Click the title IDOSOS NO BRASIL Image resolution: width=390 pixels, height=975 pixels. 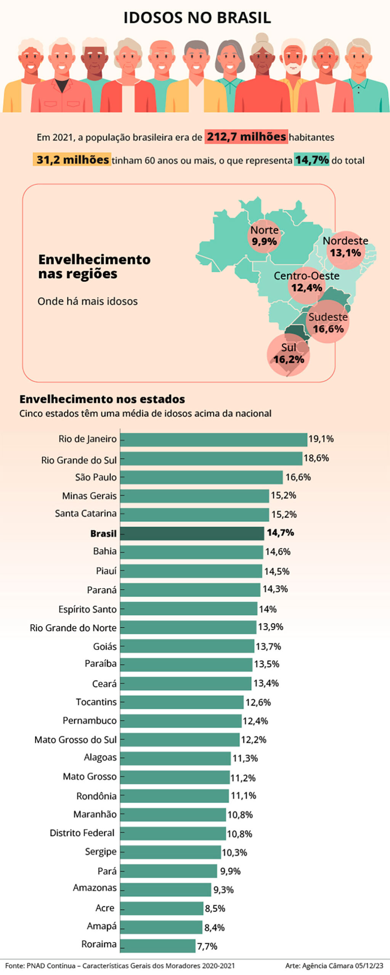click(197, 18)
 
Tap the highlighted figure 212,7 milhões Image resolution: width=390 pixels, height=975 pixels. click(246, 137)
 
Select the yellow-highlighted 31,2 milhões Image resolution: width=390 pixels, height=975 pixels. click(72, 160)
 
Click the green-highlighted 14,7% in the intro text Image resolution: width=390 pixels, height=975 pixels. click(311, 160)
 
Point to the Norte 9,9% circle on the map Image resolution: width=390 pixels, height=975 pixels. click(264, 236)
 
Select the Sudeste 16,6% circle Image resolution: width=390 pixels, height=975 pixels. click(328, 322)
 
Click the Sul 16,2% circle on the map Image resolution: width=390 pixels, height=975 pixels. click(289, 354)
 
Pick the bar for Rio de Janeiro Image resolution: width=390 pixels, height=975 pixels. click(213, 439)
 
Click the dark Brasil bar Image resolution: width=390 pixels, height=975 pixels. click(192, 533)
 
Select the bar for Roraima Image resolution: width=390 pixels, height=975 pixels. click(158, 945)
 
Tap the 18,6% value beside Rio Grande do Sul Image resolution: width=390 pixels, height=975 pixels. click(316, 458)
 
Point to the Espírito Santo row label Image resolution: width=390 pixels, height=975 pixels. click(87, 609)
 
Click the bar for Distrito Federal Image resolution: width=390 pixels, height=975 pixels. click(173, 833)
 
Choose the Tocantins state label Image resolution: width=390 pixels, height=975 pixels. click(96, 702)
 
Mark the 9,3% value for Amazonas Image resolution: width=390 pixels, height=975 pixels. click(223, 890)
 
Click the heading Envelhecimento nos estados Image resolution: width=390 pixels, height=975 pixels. click(102, 399)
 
